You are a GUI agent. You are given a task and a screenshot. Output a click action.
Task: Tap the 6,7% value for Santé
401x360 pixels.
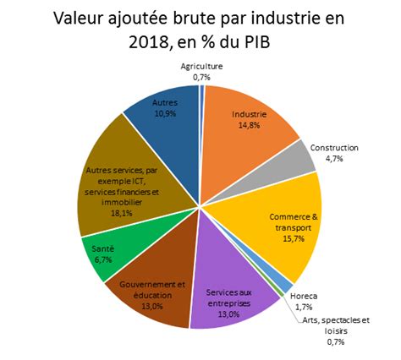pos(102,259)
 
